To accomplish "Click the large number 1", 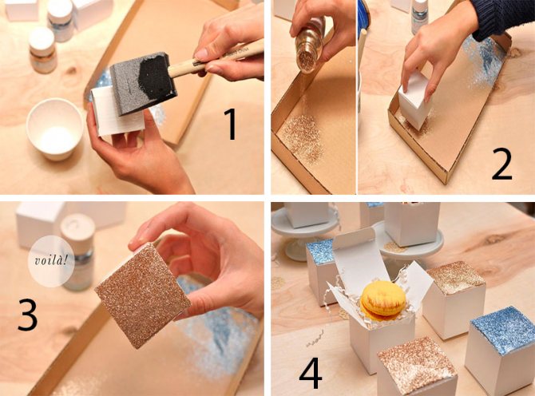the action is (232, 125).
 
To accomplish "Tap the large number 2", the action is (501, 164).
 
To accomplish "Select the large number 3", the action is (28, 315).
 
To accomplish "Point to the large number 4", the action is (311, 373).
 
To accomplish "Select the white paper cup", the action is (54, 129).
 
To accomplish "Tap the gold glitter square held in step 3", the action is (142, 295).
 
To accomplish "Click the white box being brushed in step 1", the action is (117, 111).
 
